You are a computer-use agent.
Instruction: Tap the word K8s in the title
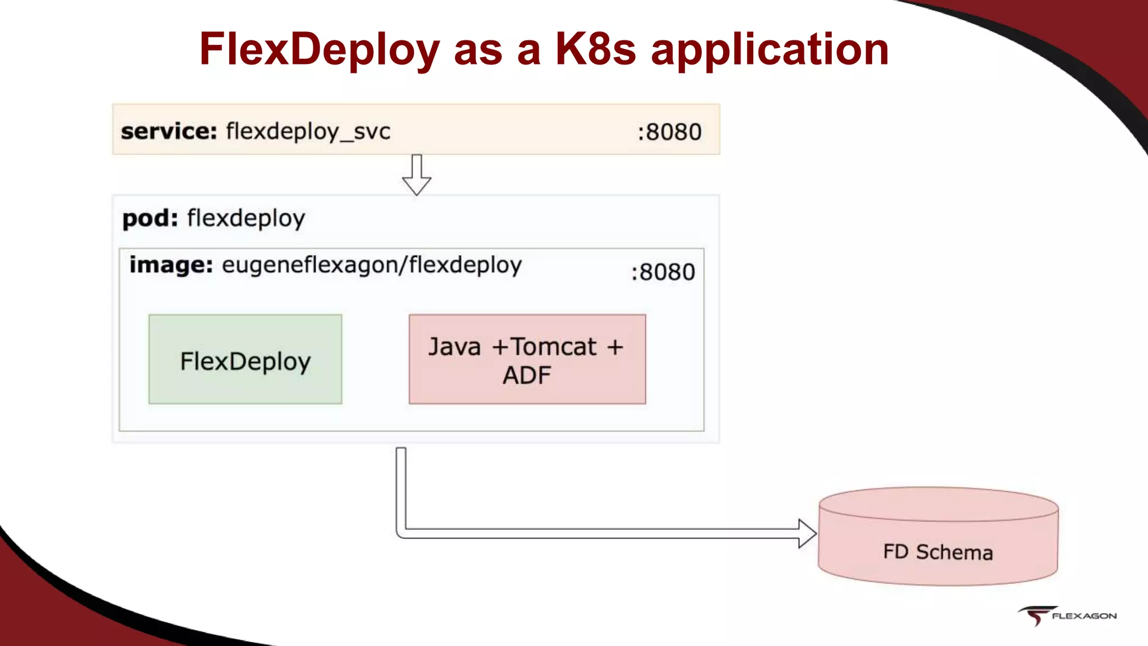click(x=595, y=49)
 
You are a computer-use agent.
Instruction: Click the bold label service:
click(x=169, y=131)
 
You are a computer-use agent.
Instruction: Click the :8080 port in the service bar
click(x=669, y=132)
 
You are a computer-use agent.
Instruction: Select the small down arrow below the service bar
click(x=416, y=176)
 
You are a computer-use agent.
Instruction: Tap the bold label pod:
click(x=150, y=218)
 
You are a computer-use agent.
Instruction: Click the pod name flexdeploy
click(x=246, y=219)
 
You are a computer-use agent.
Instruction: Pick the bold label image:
click(x=171, y=265)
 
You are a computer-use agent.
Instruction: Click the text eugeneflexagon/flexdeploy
click(x=372, y=265)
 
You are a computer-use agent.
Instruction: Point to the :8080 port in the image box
click(x=663, y=272)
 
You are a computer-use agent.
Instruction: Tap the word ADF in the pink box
click(x=526, y=375)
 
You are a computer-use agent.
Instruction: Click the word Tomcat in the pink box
click(x=553, y=347)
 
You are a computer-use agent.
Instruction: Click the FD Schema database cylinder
click(x=938, y=538)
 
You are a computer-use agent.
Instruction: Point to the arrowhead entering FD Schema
click(x=807, y=533)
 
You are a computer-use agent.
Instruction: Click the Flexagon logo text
click(x=1084, y=616)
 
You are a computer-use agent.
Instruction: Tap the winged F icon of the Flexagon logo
click(x=1036, y=615)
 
